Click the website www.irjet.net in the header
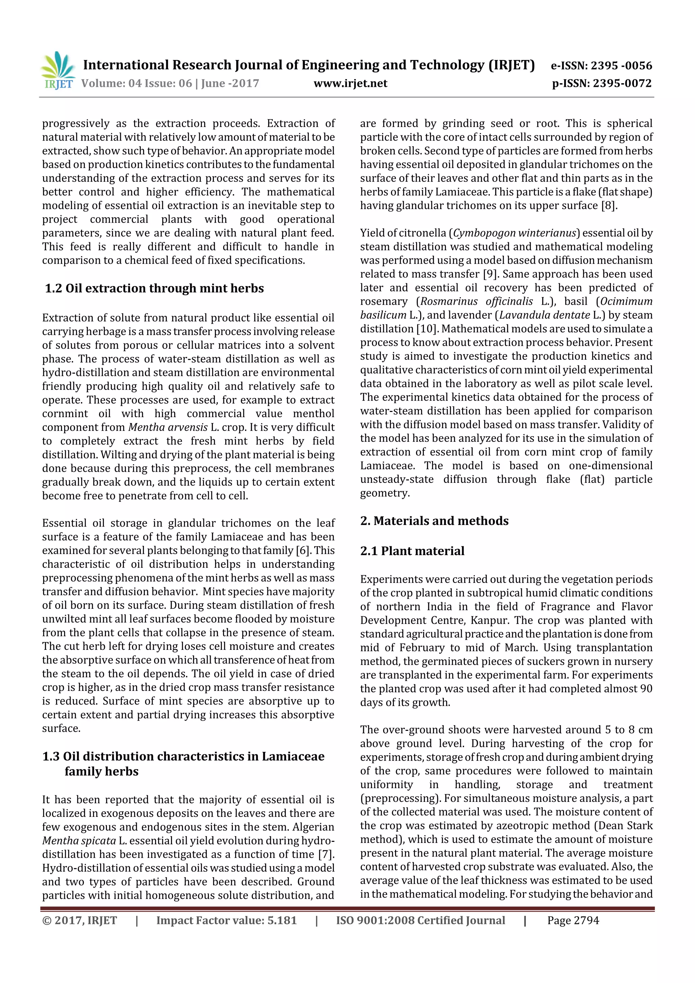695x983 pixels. click(350, 83)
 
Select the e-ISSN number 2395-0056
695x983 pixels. click(621, 65)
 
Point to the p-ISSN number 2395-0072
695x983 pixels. click(622, 83)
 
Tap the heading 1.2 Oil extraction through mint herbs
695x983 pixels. click(154, 288)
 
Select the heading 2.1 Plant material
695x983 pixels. click(412, 551)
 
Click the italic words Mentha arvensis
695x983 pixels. click(168, 427)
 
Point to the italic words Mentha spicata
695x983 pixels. click(79, 840)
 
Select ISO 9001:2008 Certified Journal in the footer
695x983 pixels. click(420, 921)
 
